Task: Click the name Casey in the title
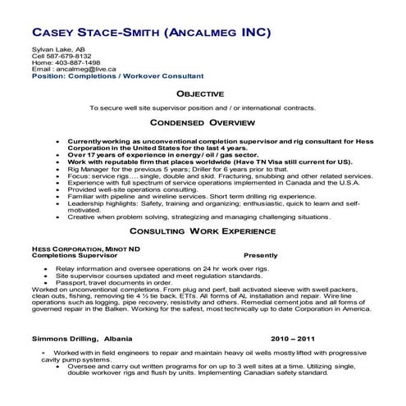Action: pyautogui.click(x=58, y=33)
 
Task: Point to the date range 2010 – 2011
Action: pyautogui.click(x=291, y=338)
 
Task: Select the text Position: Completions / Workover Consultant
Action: pyautogui.click(x=116, y=75)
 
